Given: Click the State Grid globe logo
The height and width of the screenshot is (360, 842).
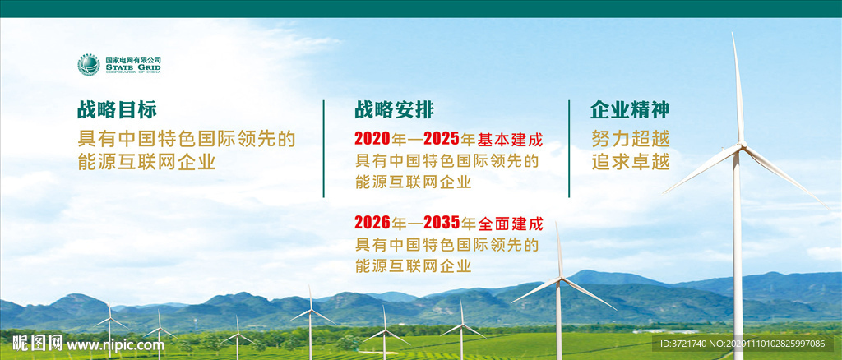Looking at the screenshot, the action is [89, 65].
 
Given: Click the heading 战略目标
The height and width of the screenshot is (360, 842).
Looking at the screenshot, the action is [117, 110].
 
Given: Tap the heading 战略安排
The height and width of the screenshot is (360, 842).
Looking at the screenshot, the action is [394, 110].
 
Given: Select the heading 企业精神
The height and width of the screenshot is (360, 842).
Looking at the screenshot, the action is [631, 110].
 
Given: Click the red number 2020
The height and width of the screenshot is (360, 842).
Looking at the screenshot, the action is [372, 139].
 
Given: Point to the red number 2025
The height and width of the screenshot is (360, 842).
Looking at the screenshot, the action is [442, 139].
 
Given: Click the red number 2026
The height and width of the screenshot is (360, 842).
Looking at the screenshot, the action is [372, 222].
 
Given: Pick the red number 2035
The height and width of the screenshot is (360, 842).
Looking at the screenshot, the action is [442, 222].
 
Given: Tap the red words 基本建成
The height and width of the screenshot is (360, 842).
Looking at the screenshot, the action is [510, 140].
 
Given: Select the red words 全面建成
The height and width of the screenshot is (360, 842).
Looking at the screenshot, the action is [510, 223].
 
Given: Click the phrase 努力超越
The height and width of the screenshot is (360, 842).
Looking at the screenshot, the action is [631, 140].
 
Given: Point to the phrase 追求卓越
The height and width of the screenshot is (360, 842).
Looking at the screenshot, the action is [631, 162].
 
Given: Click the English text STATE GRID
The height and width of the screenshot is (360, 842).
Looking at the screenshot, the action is [132, 67].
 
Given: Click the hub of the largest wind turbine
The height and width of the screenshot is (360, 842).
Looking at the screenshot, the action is [742, 145].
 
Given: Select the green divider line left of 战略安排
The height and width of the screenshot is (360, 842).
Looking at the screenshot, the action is [324, 149].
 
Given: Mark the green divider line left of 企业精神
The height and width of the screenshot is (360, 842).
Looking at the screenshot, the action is [569, 149].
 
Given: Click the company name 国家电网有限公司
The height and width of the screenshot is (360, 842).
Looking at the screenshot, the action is [132, 59].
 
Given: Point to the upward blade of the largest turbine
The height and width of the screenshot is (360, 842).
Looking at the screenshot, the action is [738, 89].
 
